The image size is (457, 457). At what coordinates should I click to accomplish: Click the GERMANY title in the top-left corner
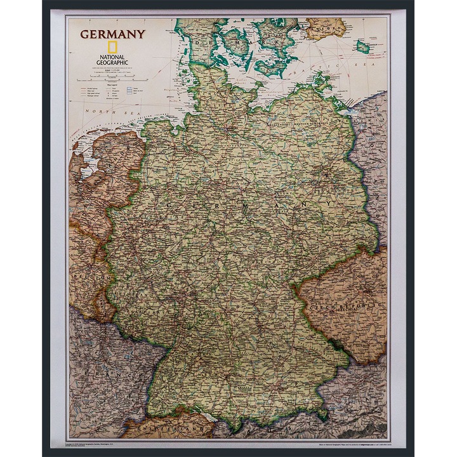[112, 34]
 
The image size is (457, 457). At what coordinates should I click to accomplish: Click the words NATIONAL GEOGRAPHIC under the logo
[112, 60]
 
